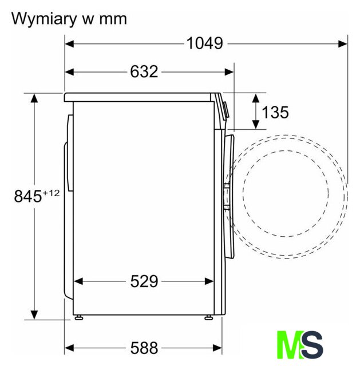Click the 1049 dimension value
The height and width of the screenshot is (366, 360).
click(205, 43)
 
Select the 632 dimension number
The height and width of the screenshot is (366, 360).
click(144, 71)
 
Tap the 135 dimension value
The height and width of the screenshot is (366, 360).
click(275, 112)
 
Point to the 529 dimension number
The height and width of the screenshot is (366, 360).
click(144, 281)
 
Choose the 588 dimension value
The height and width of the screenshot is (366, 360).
click(144, 348)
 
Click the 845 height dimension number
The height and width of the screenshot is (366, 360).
click(28, 196)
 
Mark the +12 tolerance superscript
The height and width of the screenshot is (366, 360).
click(51, 193)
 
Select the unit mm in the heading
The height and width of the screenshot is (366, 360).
click(113, 19)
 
